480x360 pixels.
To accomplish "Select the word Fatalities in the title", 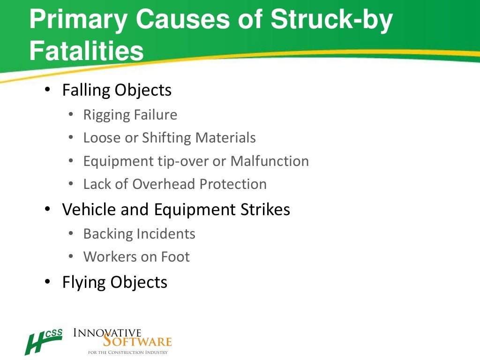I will (86, 52).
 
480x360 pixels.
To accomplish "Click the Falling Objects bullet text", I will (117, 90).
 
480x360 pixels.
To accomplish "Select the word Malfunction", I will (270, 161).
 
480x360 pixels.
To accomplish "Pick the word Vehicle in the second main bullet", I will (89, 210).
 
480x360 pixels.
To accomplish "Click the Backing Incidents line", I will (139, 233).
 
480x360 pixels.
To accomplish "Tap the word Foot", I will (174, 256).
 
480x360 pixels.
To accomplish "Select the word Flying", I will (84, 282).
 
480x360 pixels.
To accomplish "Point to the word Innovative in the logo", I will (107, 333).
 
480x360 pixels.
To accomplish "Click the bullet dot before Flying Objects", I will (47, 281).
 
